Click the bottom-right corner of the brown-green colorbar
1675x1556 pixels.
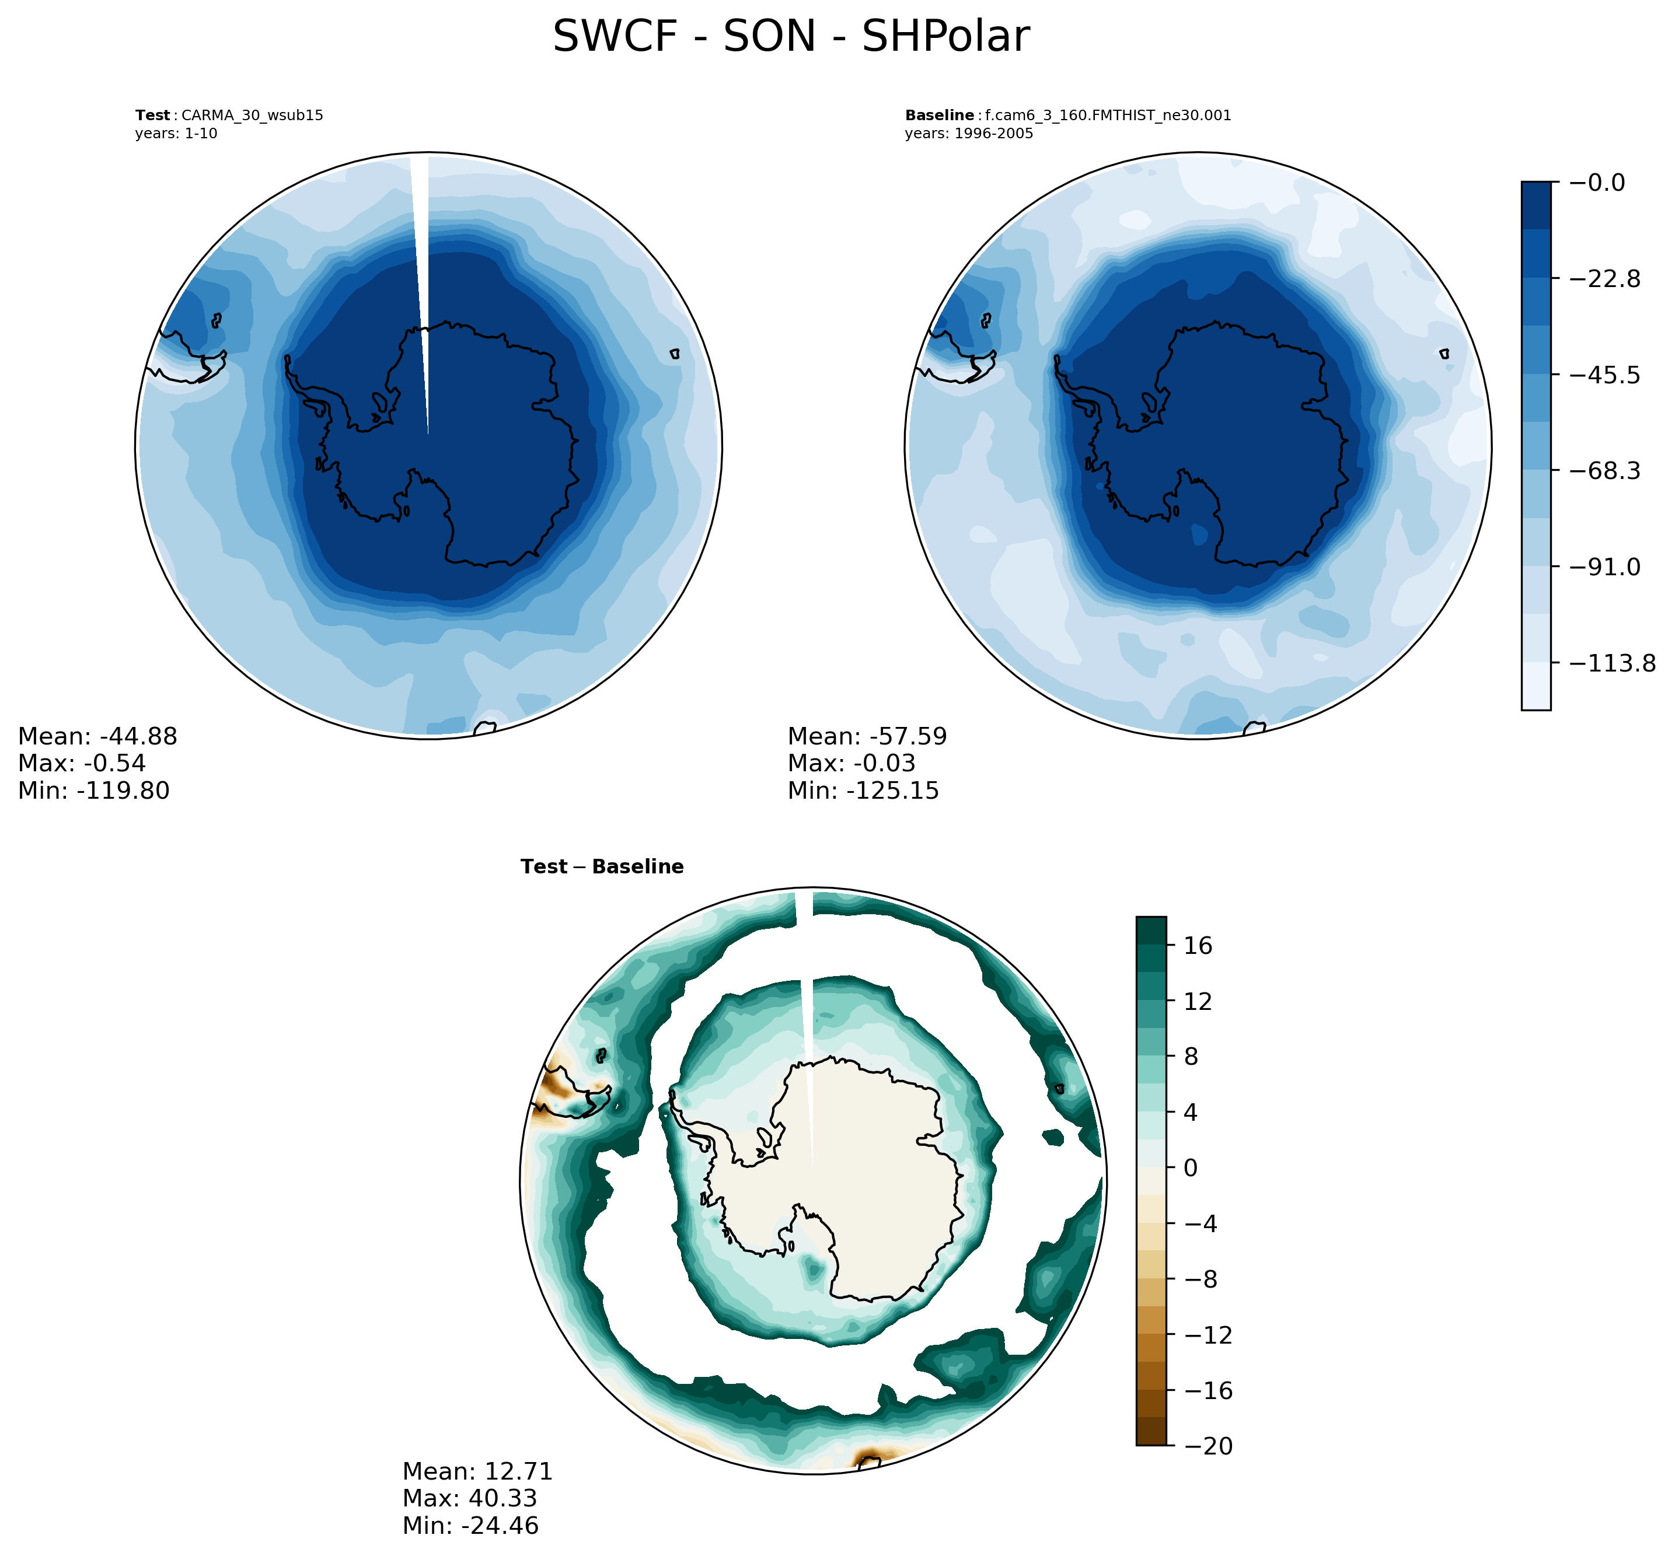coord(1165,1445)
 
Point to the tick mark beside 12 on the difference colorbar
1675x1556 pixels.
coord(1171,1001)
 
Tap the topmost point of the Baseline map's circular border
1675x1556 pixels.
coord(1198,153)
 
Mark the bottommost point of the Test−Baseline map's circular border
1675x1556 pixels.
coord(812,1474)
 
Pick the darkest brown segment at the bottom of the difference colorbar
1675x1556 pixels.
coord(1151,1431)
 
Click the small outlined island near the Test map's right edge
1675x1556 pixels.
coord(675,355)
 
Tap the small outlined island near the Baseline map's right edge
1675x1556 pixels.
coord(1445,355)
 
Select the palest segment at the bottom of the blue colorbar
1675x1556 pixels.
coord(1536,686)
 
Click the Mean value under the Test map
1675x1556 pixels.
coord(138,737)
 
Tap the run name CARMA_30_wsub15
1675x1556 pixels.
coord(253,116)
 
